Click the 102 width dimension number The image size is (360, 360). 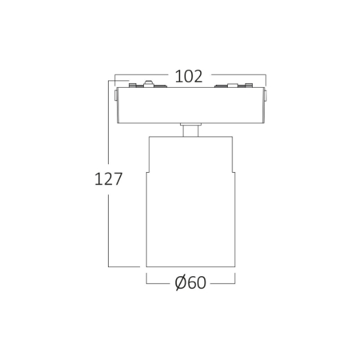pyautogui.click(x=189, y=76)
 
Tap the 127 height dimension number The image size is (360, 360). pyautogui.click(x=109, y=179)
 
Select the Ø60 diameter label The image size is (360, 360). pyautogui.click(x=190, y=282)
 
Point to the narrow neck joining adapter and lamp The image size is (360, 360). pyautogui.click(x=190, y=131)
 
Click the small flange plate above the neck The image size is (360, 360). pyautogui.click(x=190, y=124)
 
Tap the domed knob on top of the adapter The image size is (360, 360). pyautogui.click(x=149, y=84)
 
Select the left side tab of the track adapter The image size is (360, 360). pyautogui.click(x=116, y=96)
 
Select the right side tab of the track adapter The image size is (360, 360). pyautogui.click(x=265, y=96)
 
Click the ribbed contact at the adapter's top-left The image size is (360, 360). pyautogui.click(x=133, y=85)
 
